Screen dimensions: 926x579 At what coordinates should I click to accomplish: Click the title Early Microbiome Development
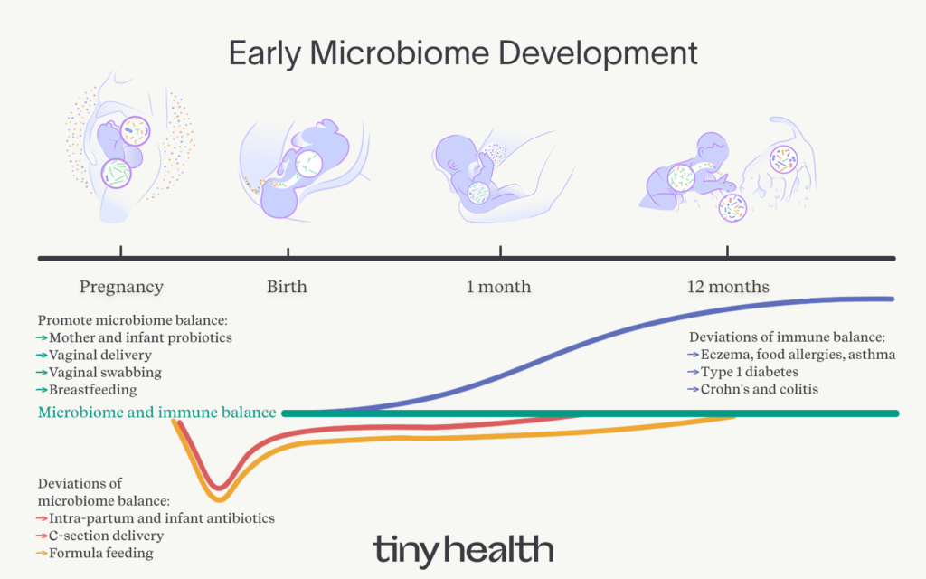click(x=463, y=53)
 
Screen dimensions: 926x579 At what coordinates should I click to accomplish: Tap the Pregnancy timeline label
click(x=121, y=287)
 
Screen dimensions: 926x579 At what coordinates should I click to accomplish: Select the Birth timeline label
click(x=287, y=287)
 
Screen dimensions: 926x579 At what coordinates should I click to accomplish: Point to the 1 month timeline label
click(x=498, y=287)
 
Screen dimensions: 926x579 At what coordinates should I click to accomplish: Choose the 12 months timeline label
click(x=728, y=287)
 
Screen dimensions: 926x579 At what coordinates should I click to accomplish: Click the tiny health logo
click(x=463, y=549)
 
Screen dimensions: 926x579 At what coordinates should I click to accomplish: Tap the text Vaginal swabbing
click(x=105, y=373)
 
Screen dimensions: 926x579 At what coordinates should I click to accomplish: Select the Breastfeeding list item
click(x=93, y=390)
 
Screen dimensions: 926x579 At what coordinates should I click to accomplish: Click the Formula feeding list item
click(x=101, y=554)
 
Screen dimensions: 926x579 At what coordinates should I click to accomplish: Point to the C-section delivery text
click(x=107, y=536)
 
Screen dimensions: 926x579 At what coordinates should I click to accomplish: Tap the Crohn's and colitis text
click(x=760, y=389)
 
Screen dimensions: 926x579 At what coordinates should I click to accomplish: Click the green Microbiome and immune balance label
click(x=157, y=413)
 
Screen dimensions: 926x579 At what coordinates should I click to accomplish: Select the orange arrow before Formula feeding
click(x=42, y=554)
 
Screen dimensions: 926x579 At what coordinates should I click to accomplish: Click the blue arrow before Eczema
click(x=694, y=355)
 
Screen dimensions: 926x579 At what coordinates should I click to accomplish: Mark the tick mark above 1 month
click(x=500, y=252)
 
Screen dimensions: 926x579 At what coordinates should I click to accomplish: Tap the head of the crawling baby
click(x=712, y=147)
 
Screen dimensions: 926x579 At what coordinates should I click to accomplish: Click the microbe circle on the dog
click(x=784, y=159)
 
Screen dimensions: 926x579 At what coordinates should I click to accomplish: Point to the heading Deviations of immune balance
click(x=788, y=337)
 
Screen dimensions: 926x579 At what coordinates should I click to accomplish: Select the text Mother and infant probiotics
click(x=140, y=338)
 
